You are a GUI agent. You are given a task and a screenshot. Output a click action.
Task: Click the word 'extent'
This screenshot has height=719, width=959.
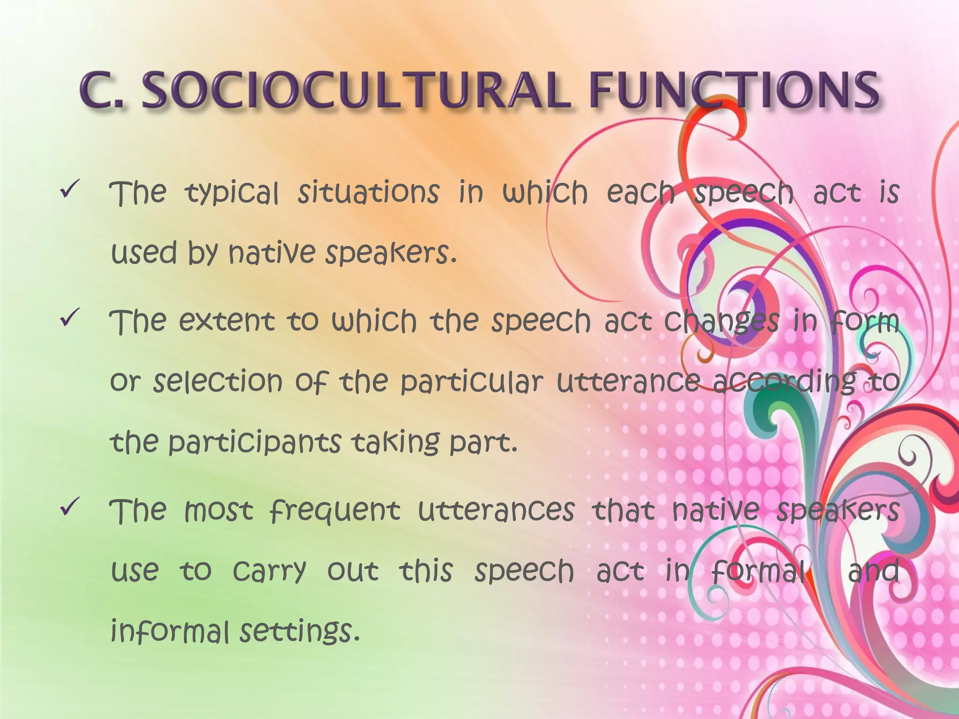click(x=227, y=322)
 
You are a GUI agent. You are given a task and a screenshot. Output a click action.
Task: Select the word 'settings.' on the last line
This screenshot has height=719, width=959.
click(x=300, y=632)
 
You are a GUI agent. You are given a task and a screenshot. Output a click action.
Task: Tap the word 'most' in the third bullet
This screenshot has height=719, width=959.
click(x=219, y=511)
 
